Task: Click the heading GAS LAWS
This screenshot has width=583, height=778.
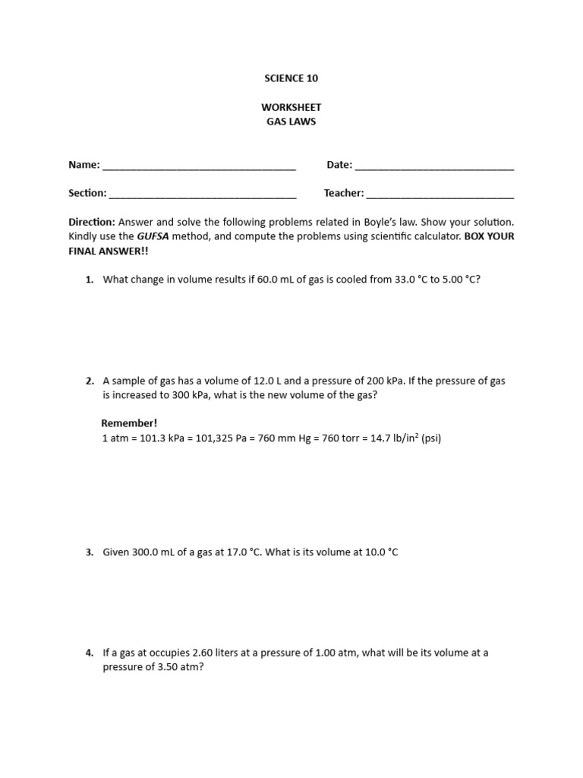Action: (x=291, y=122)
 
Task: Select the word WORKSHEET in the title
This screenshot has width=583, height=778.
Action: (x=291, y=108)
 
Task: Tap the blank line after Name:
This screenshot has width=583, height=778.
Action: (x=199, y=166)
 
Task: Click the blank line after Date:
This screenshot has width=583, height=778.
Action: (x=434, y=166)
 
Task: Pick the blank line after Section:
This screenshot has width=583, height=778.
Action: (x=203, y=194)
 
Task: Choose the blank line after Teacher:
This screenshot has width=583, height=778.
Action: (x=440, y=194)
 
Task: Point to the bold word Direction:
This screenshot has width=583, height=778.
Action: (x=92, y=222)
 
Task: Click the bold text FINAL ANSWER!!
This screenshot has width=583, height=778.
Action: (x=105, y=251)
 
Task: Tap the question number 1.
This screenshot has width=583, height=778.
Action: (x=89, y=280)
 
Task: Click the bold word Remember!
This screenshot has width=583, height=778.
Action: (x=128, y=423)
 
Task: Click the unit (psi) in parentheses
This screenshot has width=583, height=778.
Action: (x=430, y=438)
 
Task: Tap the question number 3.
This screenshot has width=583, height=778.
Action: (x=89, y=552)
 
